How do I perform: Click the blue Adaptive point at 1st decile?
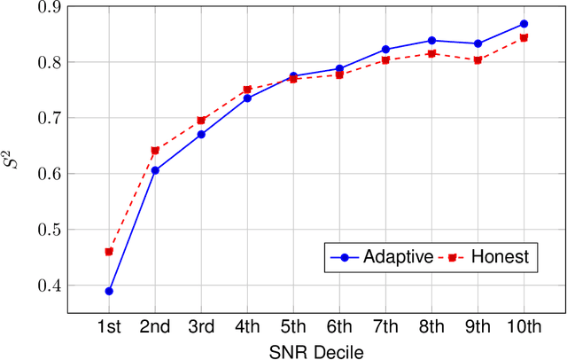coord(109,291)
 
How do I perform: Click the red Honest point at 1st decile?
coord(109,252)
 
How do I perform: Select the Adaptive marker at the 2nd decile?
coord(155,170)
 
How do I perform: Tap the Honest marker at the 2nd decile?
coord(155,151)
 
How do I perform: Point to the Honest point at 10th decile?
coord(524,38)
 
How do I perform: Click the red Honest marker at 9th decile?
coord(478,60)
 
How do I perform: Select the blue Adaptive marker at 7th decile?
coord(385,50)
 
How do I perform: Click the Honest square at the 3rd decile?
coord(201,121)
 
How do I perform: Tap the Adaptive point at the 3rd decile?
coord(201,134)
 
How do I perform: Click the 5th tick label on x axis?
coord(293,327)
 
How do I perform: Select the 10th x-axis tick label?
coord(524,327)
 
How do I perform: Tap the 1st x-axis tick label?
coord(109,327)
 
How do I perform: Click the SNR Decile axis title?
coord(316,350)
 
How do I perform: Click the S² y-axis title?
coord(12,160)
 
